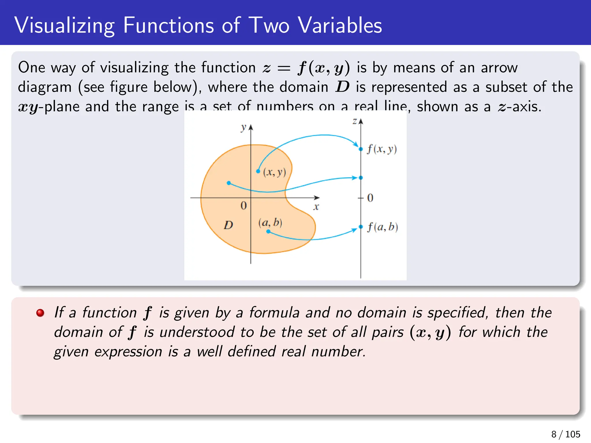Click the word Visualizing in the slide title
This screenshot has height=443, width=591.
pyautogui.click(x=64, y=26)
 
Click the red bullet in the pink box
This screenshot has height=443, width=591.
pyautogui.click(x=40, y=313)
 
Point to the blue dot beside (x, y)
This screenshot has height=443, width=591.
pyautogui.click(x=258, y=171)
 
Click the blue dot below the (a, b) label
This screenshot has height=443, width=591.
pyautogui.click(x=268, y=231)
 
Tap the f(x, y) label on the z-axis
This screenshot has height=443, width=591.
pyautogui.click(x=382, y=149)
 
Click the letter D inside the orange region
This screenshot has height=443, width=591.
pyautogui.click(x=228, y=225)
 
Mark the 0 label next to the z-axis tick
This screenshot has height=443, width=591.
pyautogui.click(x=370, y=198)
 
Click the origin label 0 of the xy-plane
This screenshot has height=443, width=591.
pyautogui.click(x=244, y=206)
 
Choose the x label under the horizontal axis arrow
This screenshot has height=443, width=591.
pyautogui.click(x=316, y=207)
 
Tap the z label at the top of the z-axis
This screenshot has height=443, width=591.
pyautogui.click(x=355, y=121)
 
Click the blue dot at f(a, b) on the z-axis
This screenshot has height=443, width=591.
pyautogui.click(x=361, y=227)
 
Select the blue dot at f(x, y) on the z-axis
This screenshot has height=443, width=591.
pyautogui.click(x=361, y=149)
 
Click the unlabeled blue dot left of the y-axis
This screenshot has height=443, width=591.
pyautogui.click(x=229, y=183)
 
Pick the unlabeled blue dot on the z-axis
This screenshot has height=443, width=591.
pyautogui.click(x=361, y=178)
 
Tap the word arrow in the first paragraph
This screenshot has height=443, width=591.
pyautogui.click(x=499, y=68)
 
